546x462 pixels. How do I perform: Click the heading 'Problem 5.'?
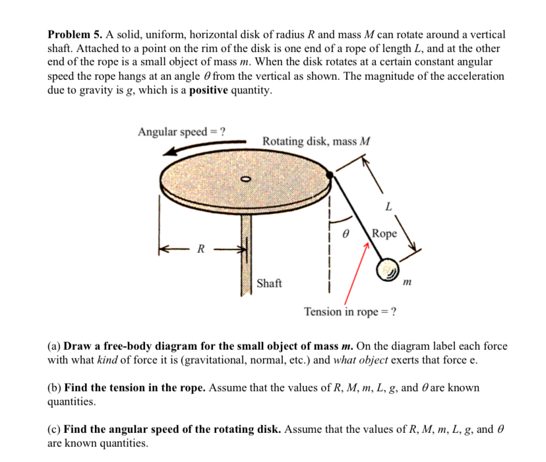(76, 34)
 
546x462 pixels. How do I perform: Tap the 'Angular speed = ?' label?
(181, 131)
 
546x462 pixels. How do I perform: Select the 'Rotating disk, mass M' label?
(317, 141)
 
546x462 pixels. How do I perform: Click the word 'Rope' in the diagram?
(385, 233)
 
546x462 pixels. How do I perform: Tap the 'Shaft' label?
(269, 283)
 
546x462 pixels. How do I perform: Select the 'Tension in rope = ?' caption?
(350, 312)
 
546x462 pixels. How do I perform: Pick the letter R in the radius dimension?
(201, 249)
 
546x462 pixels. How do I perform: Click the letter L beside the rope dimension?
(388, 207)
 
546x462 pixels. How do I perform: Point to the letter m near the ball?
(407, 282)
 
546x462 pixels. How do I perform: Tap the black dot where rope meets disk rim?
(330, 174)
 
